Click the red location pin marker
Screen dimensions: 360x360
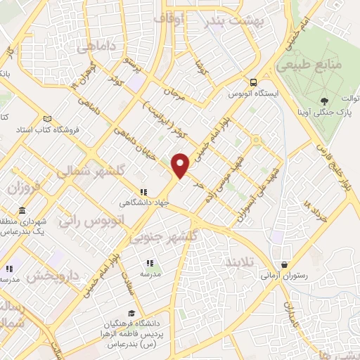[x=181, y=165]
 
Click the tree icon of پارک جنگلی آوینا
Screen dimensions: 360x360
[x=323, y=101]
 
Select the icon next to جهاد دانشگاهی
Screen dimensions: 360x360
[x=143, y=191]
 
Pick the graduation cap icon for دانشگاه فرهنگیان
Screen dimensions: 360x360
[x=131, y=313]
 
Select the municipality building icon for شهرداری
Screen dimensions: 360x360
[x=22, y=211]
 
